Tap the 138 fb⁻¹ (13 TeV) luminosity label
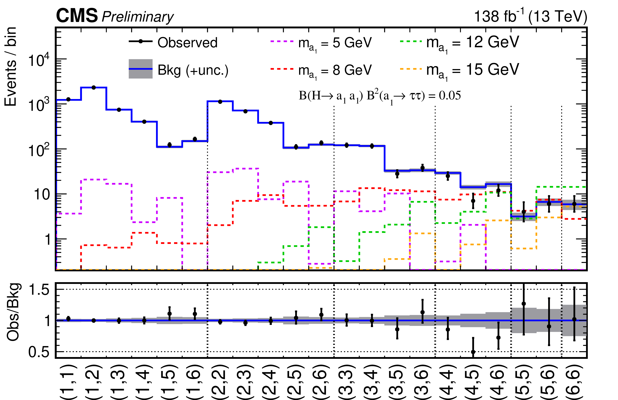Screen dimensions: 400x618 [530, 16]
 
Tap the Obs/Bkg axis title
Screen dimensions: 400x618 [13, 312]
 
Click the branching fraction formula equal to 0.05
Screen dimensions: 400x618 [380, 96]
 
